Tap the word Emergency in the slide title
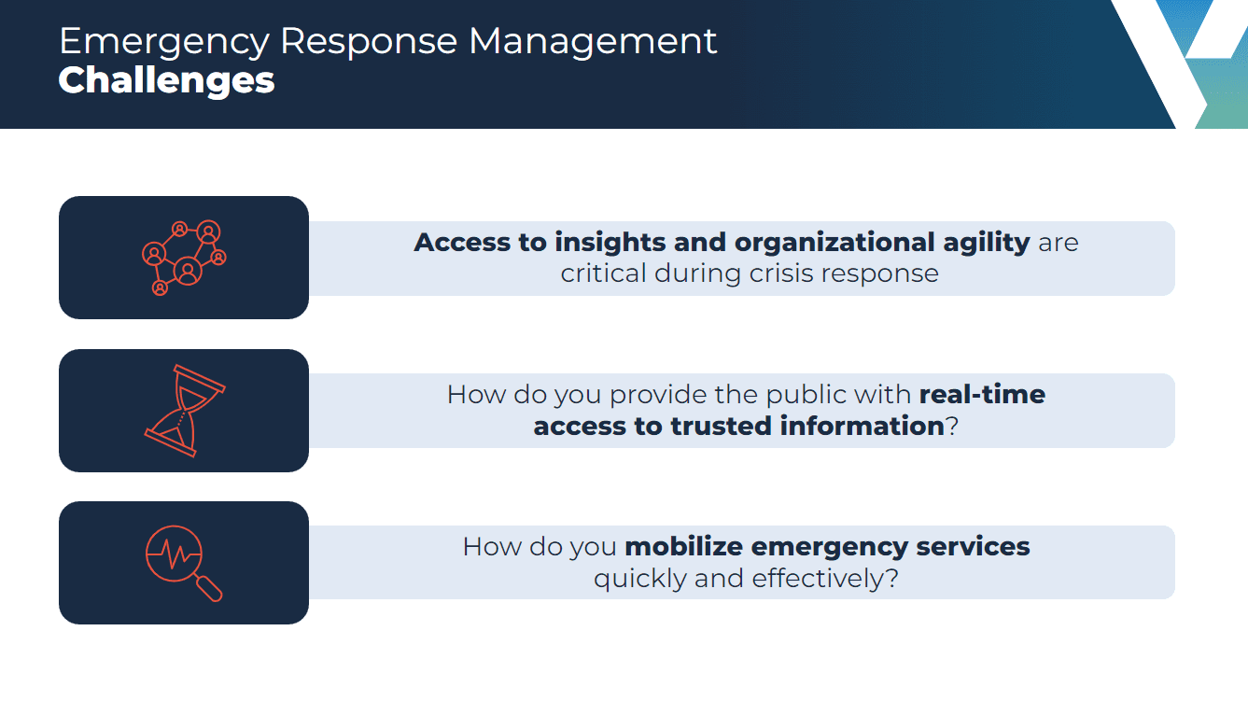[x=164, y=43]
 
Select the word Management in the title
[x=593, y=42]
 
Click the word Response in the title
[x=369, y=43]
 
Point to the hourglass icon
[x=185, y=411]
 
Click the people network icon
[x=184, y=258]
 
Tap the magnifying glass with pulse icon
[x=184, y=563]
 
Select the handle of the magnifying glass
[x=209, y=589]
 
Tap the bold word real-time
[x=982, y=395]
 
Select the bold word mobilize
[x=683, y=547]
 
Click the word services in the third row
[x=973, y=547]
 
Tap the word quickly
[x=640, y=579]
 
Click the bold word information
[x=862, y=427]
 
